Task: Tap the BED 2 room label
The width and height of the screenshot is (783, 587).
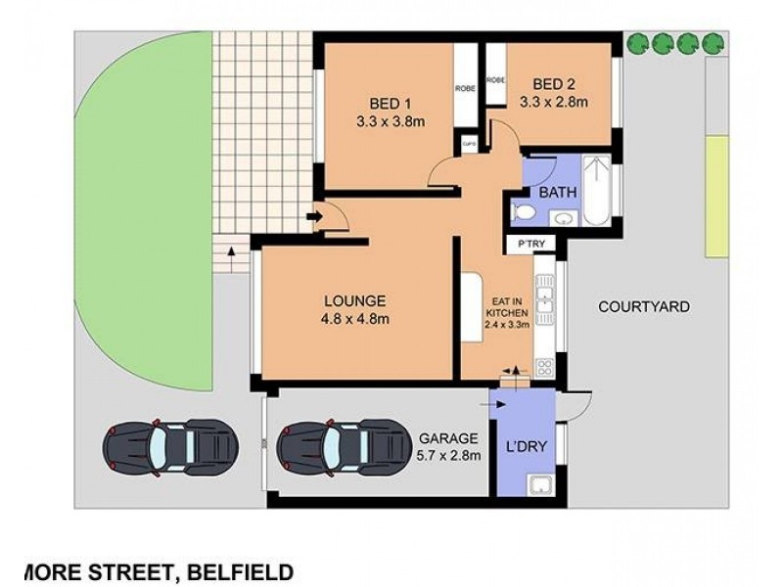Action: [553, 82]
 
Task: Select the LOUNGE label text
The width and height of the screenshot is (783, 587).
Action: [355, 300]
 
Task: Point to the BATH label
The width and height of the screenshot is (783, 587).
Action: [557, 192]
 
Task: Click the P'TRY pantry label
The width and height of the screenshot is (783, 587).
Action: [519, 244]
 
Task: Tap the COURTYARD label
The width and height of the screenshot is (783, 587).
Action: [643, 307]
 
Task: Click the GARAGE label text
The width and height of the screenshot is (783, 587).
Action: [449, 438]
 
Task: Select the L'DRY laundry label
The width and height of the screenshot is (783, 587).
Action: [525, 448]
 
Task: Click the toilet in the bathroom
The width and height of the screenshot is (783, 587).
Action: [524, 211]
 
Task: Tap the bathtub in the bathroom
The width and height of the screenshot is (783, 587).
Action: [595, 190]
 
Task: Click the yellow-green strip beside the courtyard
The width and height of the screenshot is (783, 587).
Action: [717, 197]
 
